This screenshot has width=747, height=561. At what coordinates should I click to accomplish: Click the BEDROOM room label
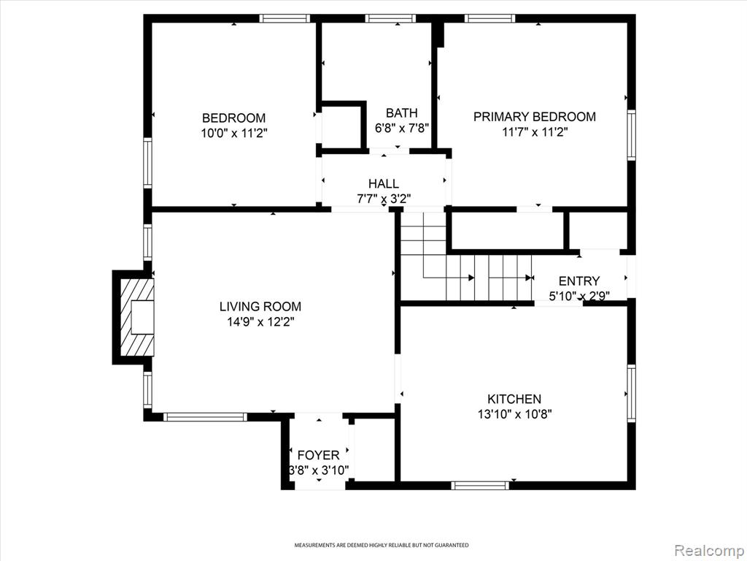pos(234,118)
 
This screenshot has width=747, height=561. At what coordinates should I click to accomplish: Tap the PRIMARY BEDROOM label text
pos(535,116)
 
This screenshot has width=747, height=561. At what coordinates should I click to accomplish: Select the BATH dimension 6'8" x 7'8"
pos(402,128)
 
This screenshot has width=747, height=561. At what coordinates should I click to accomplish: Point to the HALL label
pos(384,183)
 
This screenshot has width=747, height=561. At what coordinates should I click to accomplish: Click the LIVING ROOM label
pos(260,306)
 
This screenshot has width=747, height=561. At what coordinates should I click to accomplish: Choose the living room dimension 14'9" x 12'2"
pos(260,322)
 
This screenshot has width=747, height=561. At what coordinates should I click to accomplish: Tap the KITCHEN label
pos(514,399)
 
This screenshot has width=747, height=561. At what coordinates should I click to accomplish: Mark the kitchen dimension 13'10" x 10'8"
pos(514,414)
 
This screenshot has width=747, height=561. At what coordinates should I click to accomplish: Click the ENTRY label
pos(579,281)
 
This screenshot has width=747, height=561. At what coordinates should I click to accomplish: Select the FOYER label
pos(319,455)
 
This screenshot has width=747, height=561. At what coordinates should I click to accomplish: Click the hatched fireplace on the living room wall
pos(138,317)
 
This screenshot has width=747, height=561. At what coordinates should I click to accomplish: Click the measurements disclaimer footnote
pos(381,545)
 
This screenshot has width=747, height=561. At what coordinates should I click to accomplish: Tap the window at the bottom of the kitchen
pos(480,486)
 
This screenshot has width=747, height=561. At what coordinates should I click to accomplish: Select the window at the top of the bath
pos(390,18)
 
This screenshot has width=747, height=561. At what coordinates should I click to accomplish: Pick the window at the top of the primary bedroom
pos(490,18)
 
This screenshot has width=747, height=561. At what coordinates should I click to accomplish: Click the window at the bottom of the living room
pos(205,417)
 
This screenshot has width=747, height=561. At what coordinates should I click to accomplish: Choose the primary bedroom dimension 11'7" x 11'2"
pos(535,131)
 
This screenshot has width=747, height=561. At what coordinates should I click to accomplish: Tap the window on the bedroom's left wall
pos(147,163)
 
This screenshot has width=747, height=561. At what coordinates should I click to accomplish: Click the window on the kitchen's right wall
pos(631,393)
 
